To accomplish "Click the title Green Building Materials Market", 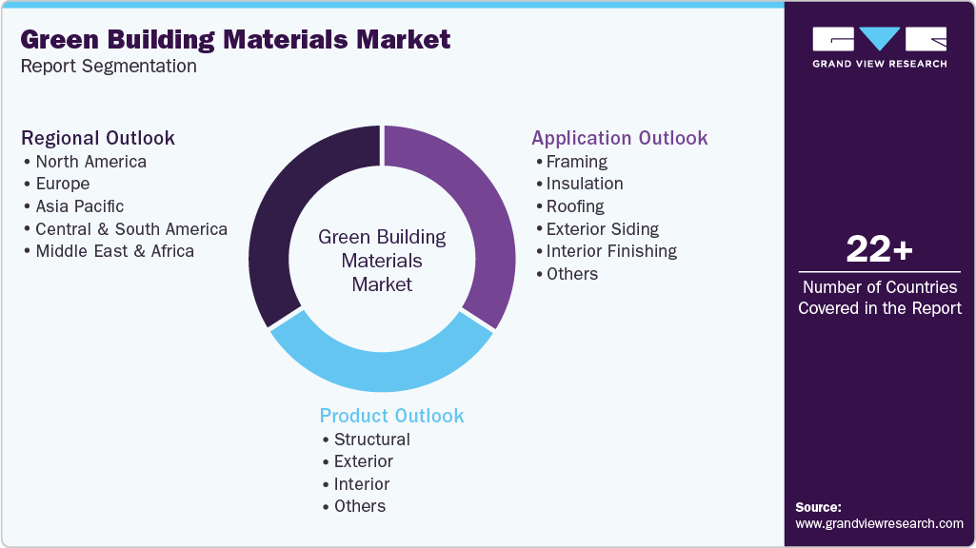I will point(235,39).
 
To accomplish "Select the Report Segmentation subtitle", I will point(109,66).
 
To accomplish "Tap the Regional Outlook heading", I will point(98,138).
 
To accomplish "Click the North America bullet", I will point(90,162).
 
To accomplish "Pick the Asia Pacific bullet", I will point(79,206).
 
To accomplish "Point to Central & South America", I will point(130,229).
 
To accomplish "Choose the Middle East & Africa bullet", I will point(114,251).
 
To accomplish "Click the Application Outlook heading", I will point(619,138).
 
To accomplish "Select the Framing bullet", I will point(576,162).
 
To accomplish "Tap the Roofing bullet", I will point(575,206).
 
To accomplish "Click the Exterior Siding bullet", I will point(602,229).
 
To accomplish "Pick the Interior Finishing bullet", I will point(611,251).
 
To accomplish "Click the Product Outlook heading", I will point(391,416).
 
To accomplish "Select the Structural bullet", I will point(371,440).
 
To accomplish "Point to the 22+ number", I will point(879,250).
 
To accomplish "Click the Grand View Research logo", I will point(879,47).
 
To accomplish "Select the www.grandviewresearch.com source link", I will point(879,523).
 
